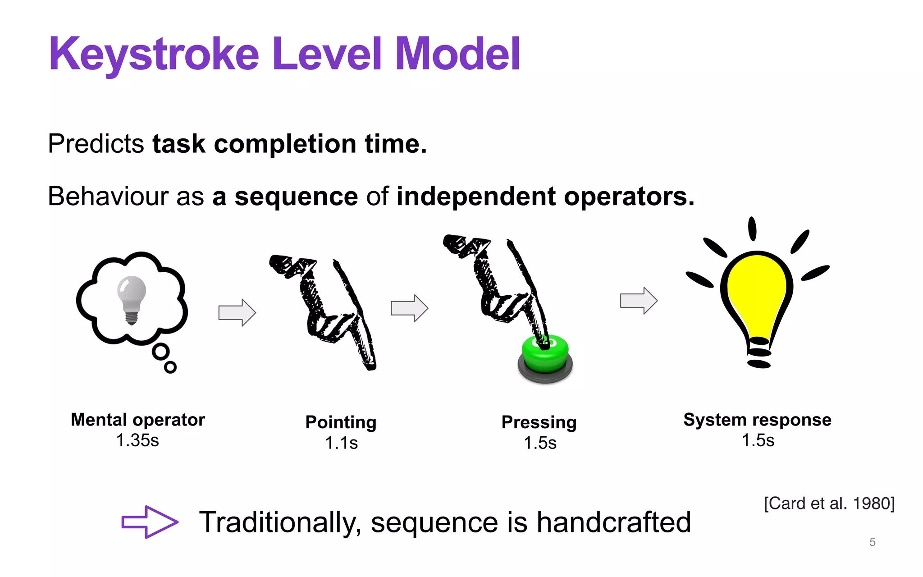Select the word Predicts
coord(96,144)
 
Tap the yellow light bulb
coord(757,298)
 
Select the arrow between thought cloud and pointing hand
coord(237,312)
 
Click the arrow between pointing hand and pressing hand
coord(409,308)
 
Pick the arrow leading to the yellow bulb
coord(639,301)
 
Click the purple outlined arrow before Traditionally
coord(150,522)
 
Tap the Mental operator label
coord(138,420)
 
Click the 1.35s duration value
coord(137,440)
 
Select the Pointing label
coord(341,422)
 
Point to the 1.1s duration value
coord(341,443)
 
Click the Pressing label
coord(539,422)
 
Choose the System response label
coord(757,420)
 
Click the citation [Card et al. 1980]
coord(829,503)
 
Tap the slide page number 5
coord(873,542)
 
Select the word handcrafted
coord(614,522)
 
